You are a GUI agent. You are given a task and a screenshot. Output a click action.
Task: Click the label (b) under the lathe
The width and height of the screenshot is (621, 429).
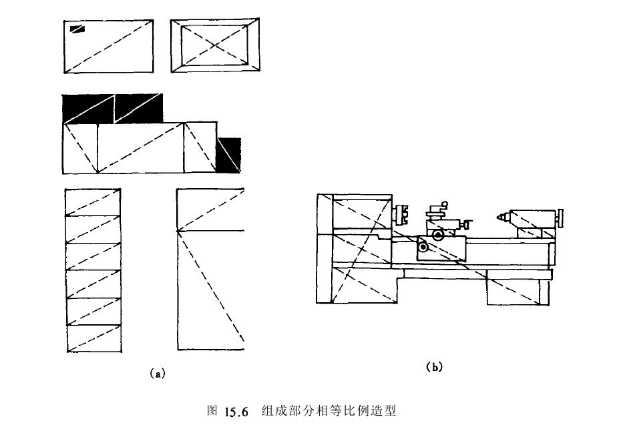pyautogui.click(x=434, y=366)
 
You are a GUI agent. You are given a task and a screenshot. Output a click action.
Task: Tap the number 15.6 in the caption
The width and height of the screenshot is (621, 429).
pyautogui.click(x=236, y=411)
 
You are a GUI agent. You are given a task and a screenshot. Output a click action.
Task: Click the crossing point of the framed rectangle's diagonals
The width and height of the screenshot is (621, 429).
pyautogui.click(x=215, y=45)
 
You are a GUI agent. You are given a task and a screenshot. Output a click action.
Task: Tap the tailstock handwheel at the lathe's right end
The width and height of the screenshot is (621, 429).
pyautogui.click(x=562, y=218)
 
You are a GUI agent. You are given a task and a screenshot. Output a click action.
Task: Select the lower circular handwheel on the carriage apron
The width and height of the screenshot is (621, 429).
pyautogui.click(x=423, y=248)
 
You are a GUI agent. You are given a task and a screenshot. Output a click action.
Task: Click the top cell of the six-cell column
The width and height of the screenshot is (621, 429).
pyautogui.click(x=93, y=202)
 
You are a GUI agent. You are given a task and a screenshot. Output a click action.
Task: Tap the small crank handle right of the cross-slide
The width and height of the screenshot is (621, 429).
pyautogui.click(x=468, y=224)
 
